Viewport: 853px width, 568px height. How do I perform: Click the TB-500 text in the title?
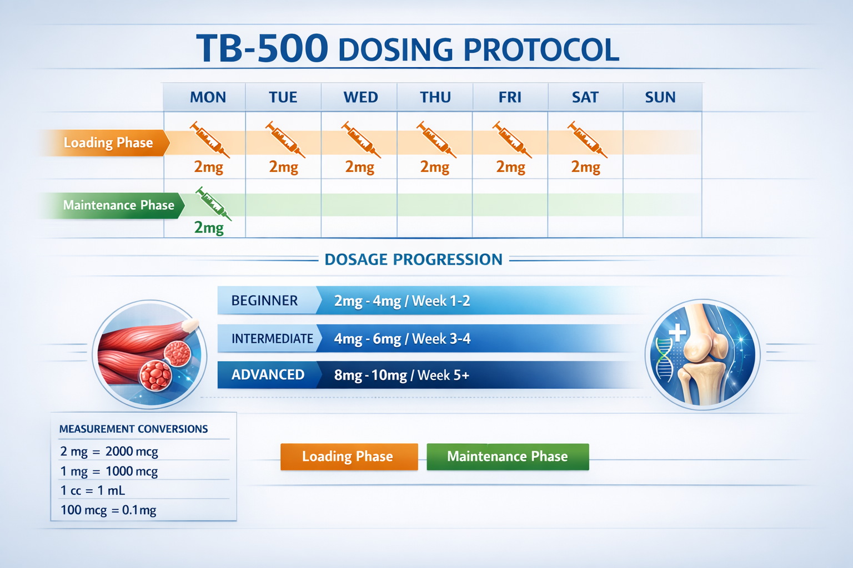[x=262, y=48]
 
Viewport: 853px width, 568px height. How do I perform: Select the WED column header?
[x=360, y=98]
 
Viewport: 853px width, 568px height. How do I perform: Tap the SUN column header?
[x=660, y=98]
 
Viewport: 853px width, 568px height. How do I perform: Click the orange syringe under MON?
[x=209, y=140]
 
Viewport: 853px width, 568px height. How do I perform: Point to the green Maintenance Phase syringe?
[x=213, y=203]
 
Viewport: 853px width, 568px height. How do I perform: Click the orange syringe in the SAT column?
[x=586, y=140]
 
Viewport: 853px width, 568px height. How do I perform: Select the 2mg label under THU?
[x=435, y=167]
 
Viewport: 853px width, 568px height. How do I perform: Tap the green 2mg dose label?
[x=209, y=227]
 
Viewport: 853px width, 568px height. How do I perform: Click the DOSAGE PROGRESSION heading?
[x=413, y=260]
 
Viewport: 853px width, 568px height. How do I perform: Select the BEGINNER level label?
[x=265, y=301]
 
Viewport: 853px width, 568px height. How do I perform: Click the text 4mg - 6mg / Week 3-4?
[x=402, y=339]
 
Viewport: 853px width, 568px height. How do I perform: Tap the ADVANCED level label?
[x=268, y=375]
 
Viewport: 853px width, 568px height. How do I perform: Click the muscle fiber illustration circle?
[x=149, y=354]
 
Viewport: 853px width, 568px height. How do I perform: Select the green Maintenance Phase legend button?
[x=508, y=457]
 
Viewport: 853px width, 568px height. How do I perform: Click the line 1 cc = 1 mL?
[x=93, y=490]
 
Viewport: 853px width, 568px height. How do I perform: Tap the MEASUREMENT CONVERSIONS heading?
[x=133, y=429]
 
